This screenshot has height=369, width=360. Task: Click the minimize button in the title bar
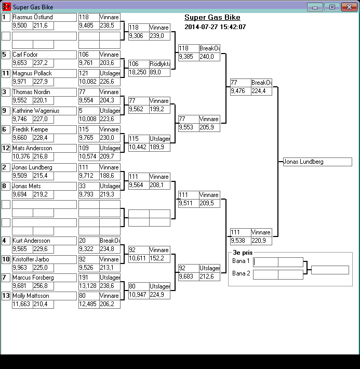(315, 7)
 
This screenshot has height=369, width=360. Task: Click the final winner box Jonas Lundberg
(317, 162)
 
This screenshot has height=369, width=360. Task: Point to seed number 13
(6, 296)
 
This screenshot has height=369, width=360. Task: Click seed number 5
(6, 55)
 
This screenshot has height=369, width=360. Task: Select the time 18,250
(138, 73)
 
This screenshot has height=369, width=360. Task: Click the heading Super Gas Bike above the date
(212, 18)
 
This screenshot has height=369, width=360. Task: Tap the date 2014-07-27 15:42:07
(215, 27)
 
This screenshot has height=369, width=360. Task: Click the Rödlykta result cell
(160, 64)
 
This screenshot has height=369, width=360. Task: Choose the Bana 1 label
(241, 261)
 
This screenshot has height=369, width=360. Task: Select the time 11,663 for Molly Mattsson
(22, 304)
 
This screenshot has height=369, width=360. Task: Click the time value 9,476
(240, 91)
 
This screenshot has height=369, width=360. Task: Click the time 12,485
(88, 304)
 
